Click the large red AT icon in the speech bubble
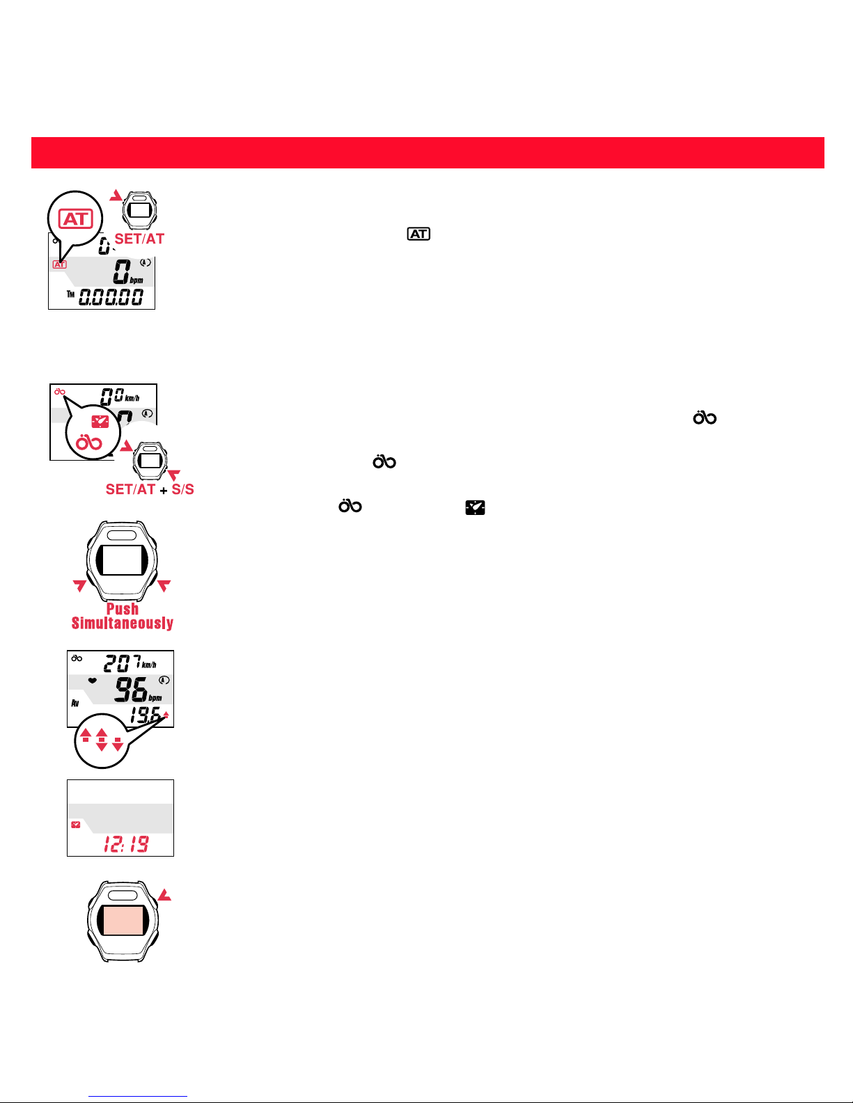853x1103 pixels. tap(76, 219)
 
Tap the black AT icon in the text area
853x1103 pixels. tap(418, 234)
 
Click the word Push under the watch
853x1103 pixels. tap(123, 609)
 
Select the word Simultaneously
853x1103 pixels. tap(123, 624)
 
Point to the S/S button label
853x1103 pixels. tap(182, 489)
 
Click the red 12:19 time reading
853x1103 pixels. tap(126, 844)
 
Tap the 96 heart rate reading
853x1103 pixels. tap(131, 690)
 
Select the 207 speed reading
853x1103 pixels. tap(123, 663)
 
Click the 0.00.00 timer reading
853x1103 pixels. tap(111, 297)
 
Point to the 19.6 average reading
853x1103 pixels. tap(145, 715)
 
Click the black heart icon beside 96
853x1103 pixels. tap(93, 681)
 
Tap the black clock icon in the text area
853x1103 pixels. tap(475, 507)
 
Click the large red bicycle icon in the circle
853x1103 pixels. tap(89, 443)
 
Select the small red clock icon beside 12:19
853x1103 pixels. tap(76, 825)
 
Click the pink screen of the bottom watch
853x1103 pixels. tap(123, 920)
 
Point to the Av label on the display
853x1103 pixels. tap(75, 703)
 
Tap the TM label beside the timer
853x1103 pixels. tap(70, 294)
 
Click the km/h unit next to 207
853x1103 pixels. tap(149, 665)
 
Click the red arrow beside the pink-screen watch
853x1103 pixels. tap(164, 895)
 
